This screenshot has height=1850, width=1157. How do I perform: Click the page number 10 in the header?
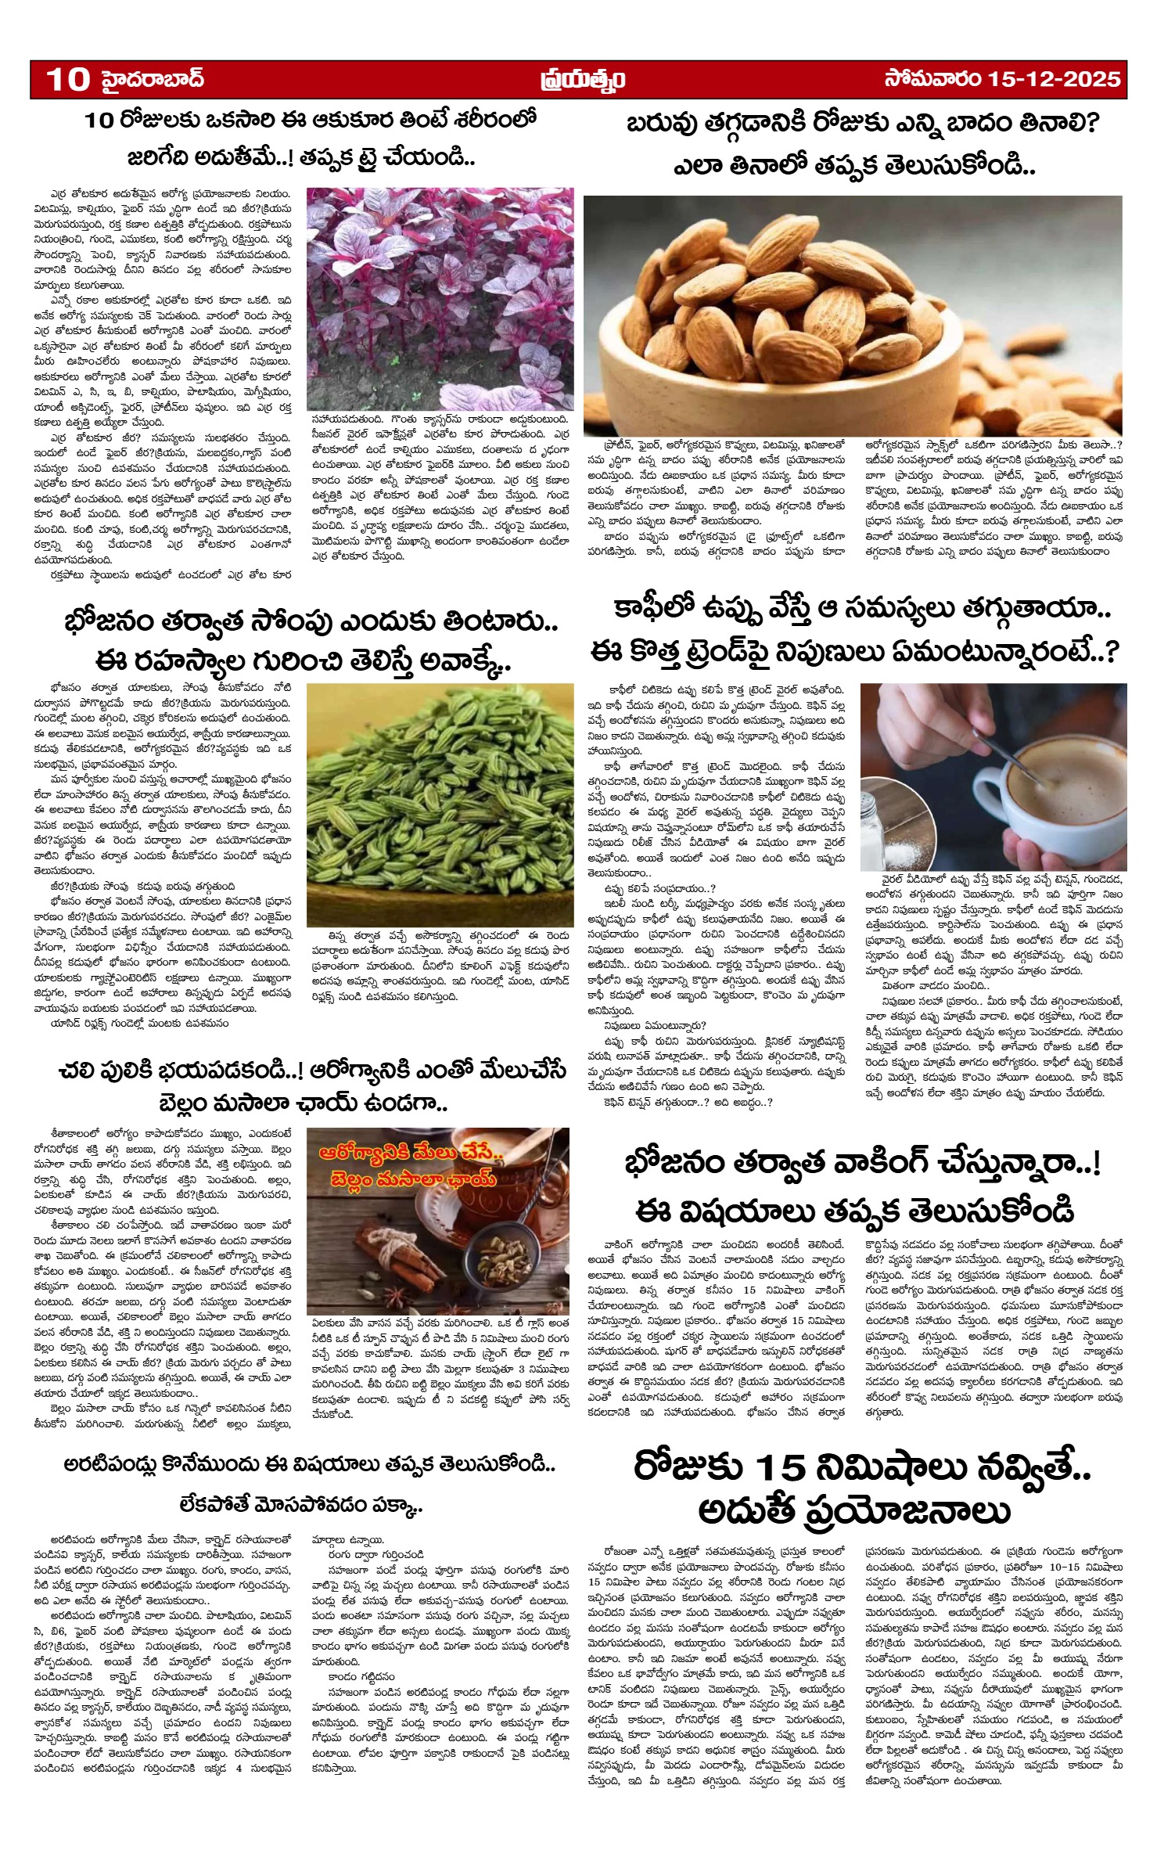[x=67, y=80]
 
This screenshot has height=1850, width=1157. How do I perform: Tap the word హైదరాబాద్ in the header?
[x=153, y=80]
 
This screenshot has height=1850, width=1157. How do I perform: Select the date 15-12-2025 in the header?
[x=1054, y=80]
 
